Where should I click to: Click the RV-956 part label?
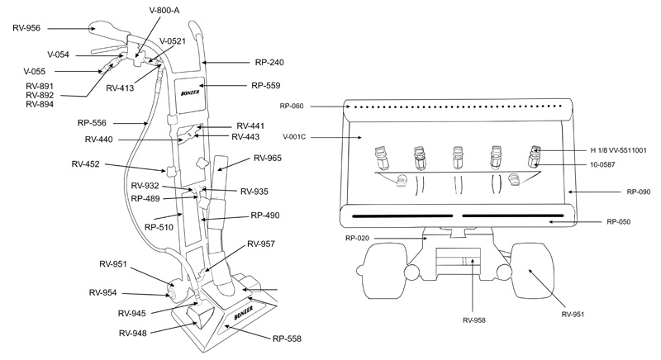pos(26,28)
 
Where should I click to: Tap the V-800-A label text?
pos(164,11)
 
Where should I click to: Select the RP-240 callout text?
pos(269,62)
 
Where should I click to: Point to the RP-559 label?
pos(265,86)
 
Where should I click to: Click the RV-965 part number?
pos(268,159)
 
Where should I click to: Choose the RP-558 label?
pos(287,339)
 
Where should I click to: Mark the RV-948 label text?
pos(133,334)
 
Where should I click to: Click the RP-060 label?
pos(292,107)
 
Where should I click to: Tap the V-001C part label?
pos(294,137)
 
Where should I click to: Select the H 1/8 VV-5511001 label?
pos(618,150)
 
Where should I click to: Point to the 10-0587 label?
pos(602,164)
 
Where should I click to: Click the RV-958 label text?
pos(474,320)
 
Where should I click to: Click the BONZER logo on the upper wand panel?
pos(190,92)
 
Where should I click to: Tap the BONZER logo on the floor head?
pos(243,314)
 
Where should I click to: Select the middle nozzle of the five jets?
pos(457,158)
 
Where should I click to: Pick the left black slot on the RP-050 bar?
pos(402,216)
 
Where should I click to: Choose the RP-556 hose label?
pos(92,123)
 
